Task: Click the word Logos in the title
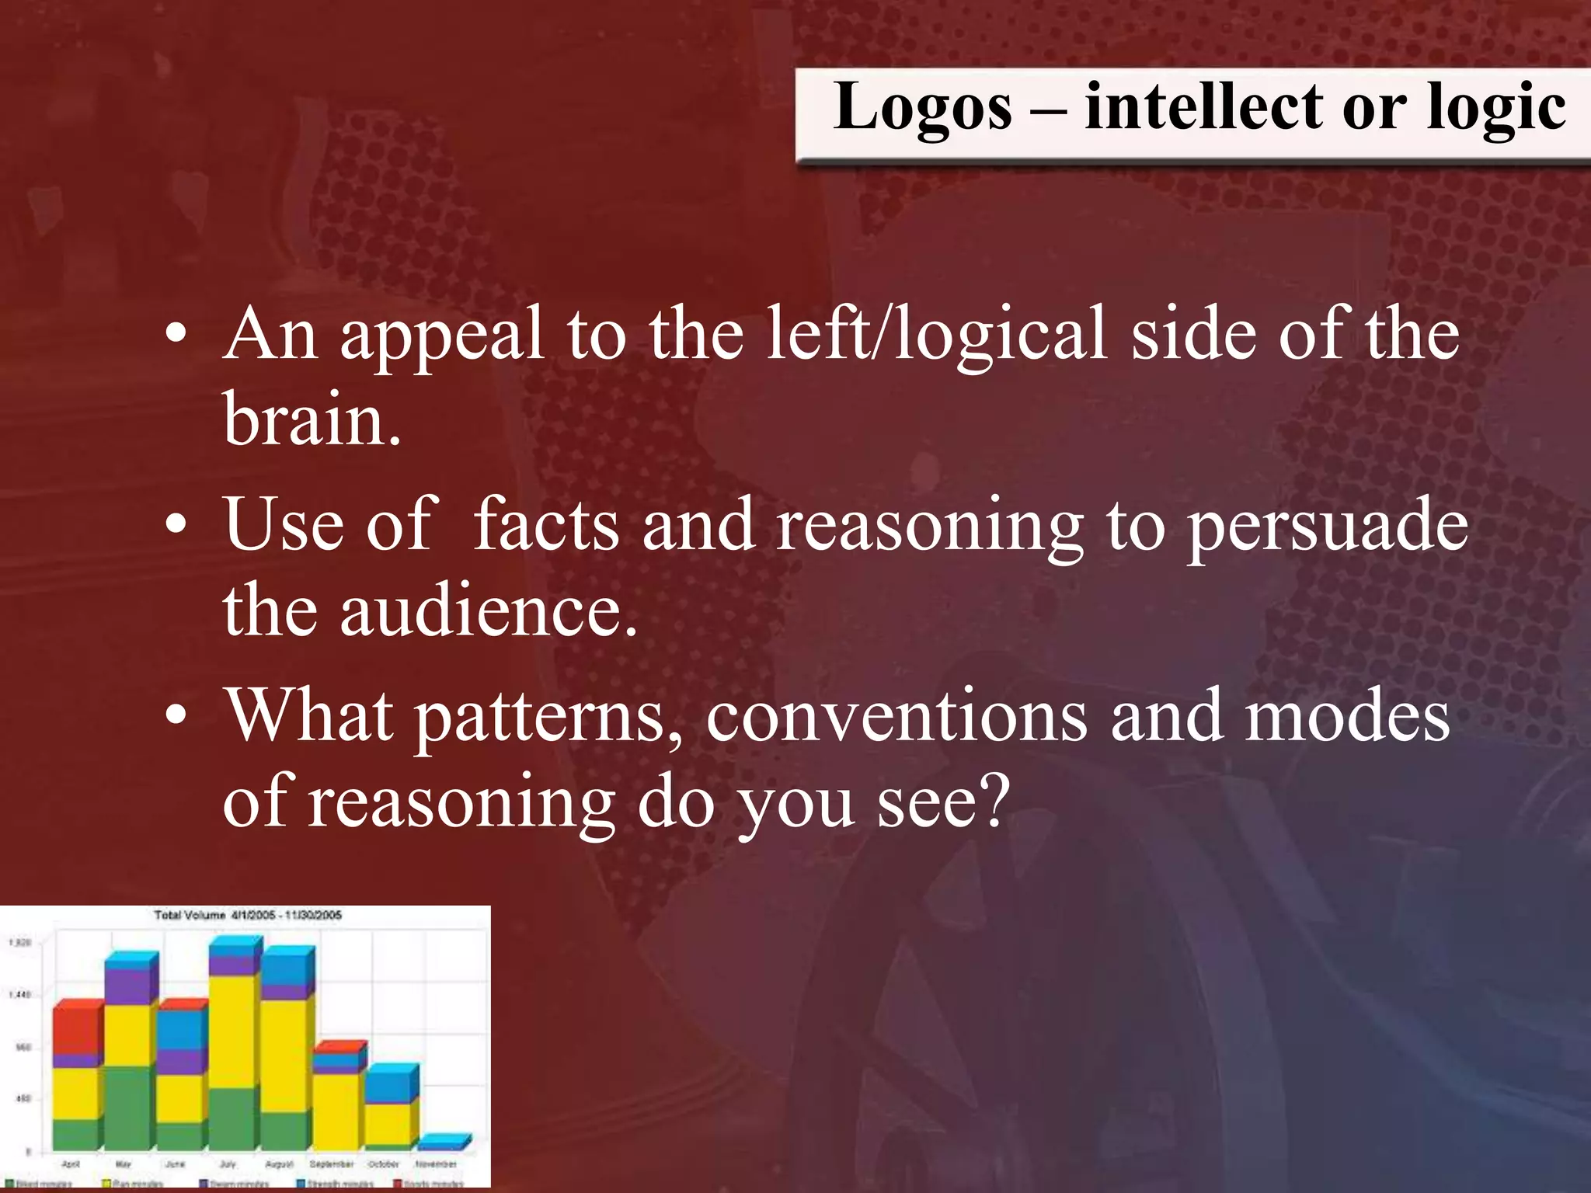[x=922, y=108]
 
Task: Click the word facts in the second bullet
[x=545, y=526]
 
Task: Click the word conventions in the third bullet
[x=896, y=717]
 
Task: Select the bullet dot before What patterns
[x=176, y=715]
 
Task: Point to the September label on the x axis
[x=332, y=1164]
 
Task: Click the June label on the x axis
[x=175, y=1164]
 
